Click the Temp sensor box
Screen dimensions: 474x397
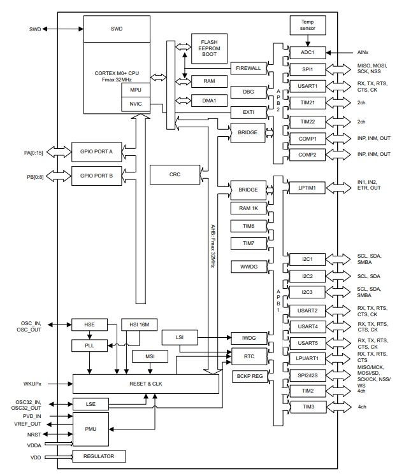click(x=308, y=25)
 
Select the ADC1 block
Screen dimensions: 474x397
click(x=308, y=53)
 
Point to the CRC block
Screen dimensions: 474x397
click(x=175, y=174)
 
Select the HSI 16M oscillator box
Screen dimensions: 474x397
click(x=138, y=325)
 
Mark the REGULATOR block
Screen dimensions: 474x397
click(x=99, y=456)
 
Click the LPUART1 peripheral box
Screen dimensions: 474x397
click(x=308, y=358)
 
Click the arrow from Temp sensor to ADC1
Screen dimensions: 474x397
click(x=308, y=40)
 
